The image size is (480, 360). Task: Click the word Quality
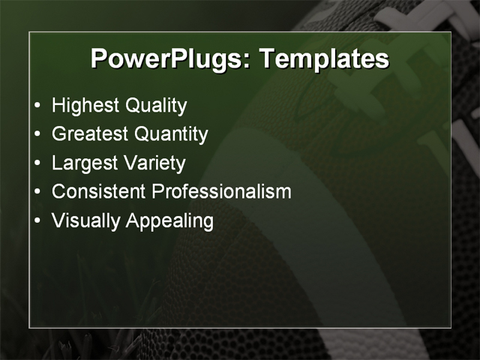pos(156,106)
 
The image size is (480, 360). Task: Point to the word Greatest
pos(90,134)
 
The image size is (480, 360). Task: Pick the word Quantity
pos(171,134)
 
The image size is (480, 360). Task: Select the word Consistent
pos(99,191)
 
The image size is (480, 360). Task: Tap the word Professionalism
pos(221,191)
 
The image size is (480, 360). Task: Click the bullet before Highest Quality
pos(38,106)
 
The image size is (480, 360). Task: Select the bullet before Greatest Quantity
pos(38,135)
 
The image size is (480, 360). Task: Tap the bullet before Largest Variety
pos(38,163)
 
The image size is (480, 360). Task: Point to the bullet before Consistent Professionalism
pos(38,192)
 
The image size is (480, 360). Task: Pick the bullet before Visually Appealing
pos(38,220)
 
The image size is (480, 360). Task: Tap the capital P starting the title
pos(99,58)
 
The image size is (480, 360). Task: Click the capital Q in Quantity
pos(142,134)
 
